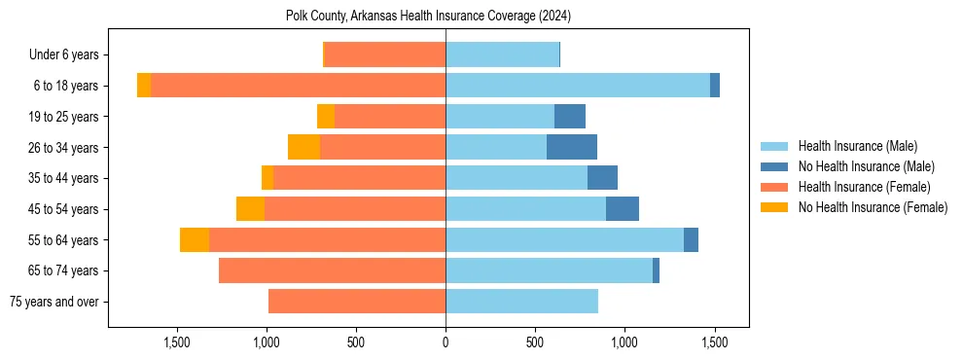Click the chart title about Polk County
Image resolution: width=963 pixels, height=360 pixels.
tap(428, 17)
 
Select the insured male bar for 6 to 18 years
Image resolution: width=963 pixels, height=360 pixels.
tap(578, 86)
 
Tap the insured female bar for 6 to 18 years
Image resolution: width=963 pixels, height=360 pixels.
tap(298, 86)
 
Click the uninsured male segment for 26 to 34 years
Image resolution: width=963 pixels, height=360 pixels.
tap(572, 147)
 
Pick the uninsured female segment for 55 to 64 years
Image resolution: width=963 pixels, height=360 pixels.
tap(195, 239)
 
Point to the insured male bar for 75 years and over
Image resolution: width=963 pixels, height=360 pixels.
tap(521, 302)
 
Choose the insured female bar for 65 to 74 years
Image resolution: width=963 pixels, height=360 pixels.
tap(332, 270)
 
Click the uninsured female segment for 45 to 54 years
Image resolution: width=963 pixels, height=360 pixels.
tap(251, 209)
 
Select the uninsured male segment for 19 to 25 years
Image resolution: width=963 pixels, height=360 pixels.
tap(570, 117)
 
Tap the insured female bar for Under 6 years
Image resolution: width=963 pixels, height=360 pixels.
tap(385, 55)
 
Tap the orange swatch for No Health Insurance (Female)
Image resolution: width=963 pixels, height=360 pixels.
tap(775, 207)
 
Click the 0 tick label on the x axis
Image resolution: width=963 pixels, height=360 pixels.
tap(446, 342)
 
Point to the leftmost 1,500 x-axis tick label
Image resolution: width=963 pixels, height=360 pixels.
tap(177, 342)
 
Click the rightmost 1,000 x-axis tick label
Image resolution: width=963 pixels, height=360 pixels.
tap(624, 342)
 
